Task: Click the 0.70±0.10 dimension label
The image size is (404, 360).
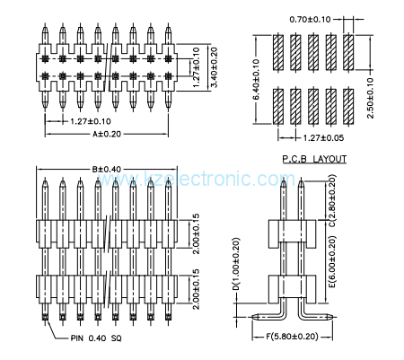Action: [x=310, y=19]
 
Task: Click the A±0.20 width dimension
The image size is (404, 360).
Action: [x=107, y=133]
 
